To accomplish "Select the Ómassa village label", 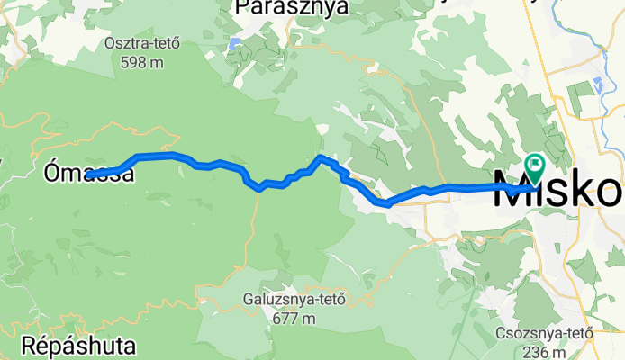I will pos(90,173).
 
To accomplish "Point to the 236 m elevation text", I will pos(544,351).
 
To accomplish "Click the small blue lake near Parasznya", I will pos(234,42).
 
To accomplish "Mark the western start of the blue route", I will pos(94,174).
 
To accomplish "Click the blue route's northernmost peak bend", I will pos(322,157).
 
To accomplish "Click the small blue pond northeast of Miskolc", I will pos(597,85).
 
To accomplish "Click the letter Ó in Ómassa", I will pos(52,172).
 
